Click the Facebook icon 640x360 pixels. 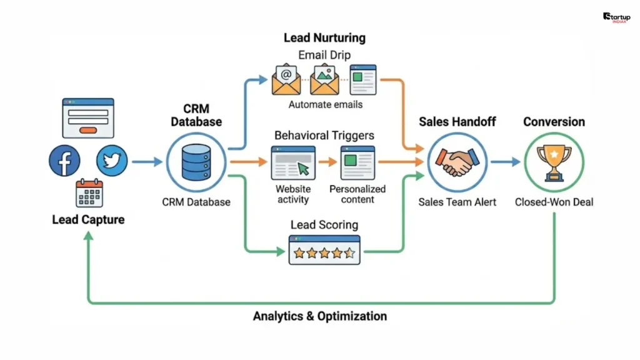(x=64, y=161)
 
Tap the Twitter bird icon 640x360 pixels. (x=112, y=161)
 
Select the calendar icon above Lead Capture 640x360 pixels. (x=88, y=193)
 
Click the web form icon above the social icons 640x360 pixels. (x=88, y=117)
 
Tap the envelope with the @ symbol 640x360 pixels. (x=286, y=79)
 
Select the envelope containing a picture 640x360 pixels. (x=324, y=79)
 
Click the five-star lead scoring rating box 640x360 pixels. (x=324, y=250)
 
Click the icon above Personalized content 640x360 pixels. (x=357, y=162)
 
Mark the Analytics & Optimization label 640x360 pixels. (x=319, y=316)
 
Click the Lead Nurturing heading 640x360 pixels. (x=324, y=37)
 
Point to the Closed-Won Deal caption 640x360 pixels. (x=554, y=202)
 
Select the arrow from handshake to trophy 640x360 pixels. (x=505, y=162)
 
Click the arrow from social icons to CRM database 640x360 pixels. (x=147, y=162)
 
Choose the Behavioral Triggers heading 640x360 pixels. (x=324, y=135)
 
